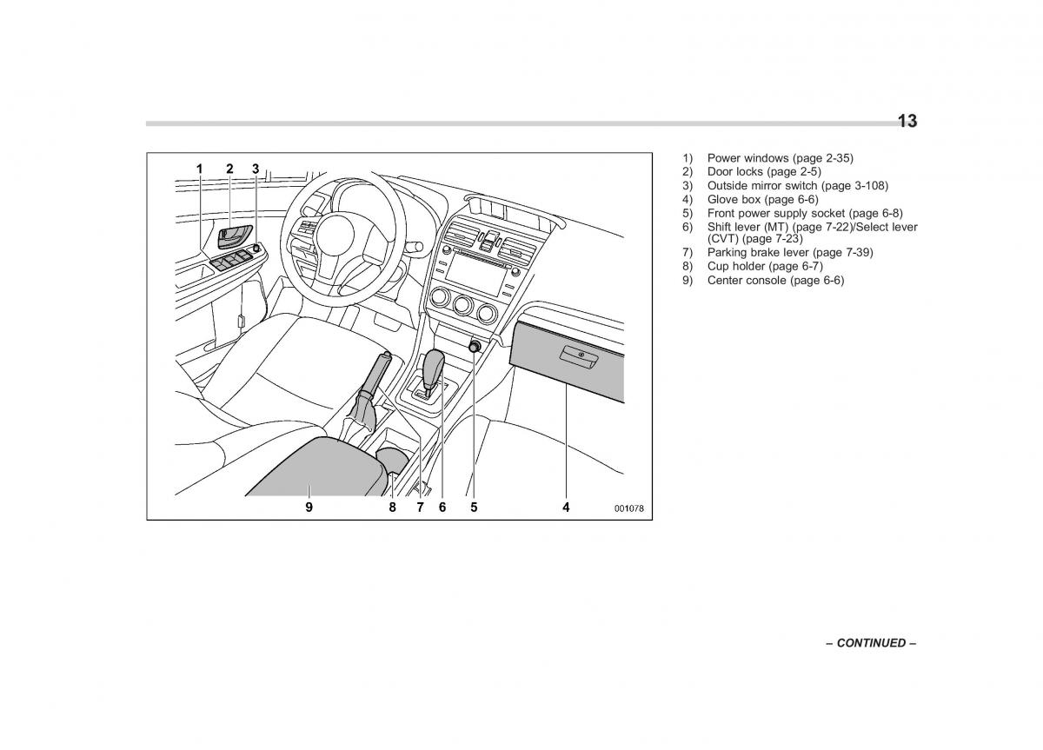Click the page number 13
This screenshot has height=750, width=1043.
(907, 122)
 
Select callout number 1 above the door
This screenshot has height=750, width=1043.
(199, 169)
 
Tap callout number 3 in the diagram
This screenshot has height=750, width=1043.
(256, 169)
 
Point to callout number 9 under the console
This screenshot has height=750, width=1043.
(309, 507)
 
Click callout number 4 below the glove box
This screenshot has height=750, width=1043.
(566, 507)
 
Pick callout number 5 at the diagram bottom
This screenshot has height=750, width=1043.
(474, 507)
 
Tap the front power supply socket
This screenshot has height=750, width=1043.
(475, 347)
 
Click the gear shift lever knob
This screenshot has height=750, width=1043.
(434, 366)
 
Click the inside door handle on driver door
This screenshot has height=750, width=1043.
(235, 234)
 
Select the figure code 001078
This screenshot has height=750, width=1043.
(629, 509)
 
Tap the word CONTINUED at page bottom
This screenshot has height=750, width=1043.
(871, 643)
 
